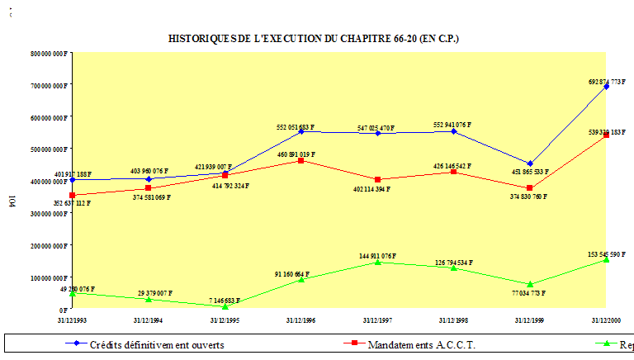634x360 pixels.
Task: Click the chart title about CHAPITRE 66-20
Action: coord(314,38)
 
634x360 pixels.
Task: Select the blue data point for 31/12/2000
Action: coord(607,86)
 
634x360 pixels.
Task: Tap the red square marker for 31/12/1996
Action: coord(300,160)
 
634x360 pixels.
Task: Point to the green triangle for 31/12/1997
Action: coord(377,262)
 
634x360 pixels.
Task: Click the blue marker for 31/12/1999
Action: coord(530,163)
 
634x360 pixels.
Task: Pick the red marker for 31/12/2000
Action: coord(607,135)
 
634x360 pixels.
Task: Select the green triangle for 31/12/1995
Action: coord(225,306)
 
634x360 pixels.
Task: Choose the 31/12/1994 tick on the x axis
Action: coord(149,319)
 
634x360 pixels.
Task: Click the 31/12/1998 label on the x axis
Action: coord(453,319)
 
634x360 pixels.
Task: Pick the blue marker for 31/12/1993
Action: coord(73,179)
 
